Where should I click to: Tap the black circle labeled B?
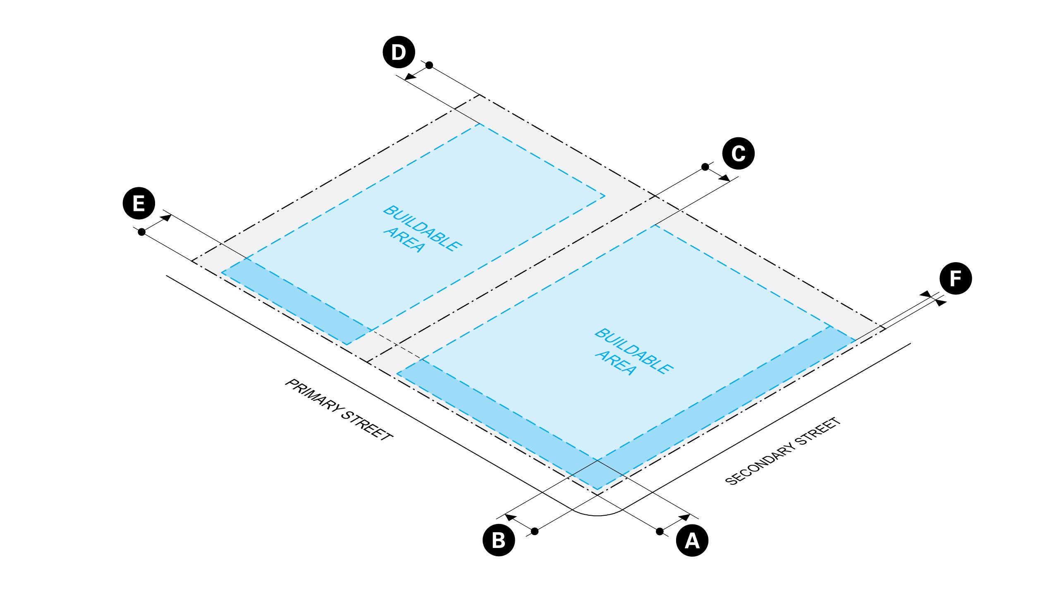[x=499, y=541]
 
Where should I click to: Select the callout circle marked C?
[x=738, y=154]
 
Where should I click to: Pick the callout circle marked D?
[x=399, y=53]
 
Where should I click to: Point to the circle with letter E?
[x=139, y=204]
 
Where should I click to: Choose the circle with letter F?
[x=956, y=279]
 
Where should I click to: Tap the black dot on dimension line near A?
[x=660, y=531]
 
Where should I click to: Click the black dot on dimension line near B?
[x=534, y=531]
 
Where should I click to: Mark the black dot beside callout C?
[x=705, y=167]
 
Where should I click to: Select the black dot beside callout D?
[x=429, y=65]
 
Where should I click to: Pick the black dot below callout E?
[x=141, y=232]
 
